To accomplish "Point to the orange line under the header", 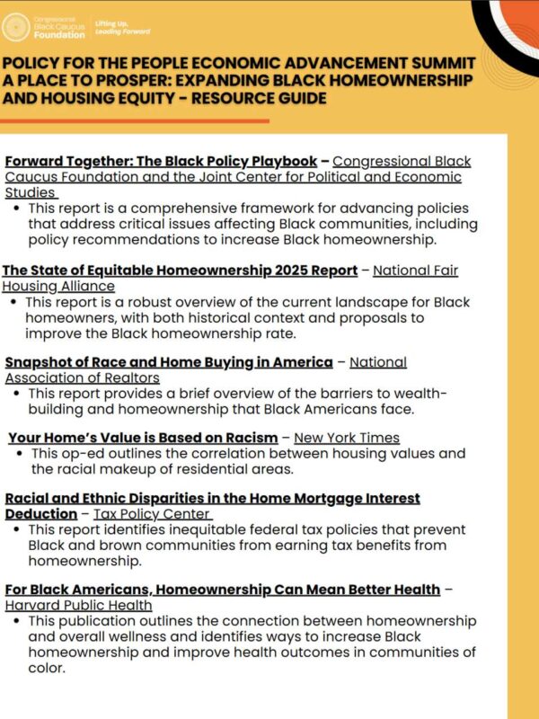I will point(135,120).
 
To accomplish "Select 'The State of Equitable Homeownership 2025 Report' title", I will point(180,271).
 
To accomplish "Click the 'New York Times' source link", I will point(347,438).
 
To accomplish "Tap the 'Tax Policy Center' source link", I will point(152,514).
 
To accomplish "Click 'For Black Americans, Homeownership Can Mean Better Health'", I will point(222,590).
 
